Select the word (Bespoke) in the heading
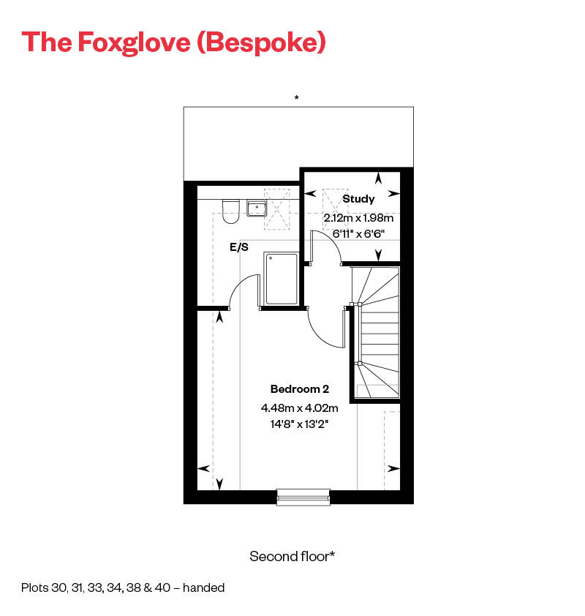pyautogui.click(x=262, y=42)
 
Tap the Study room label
pyautogui.click(x=358, y=198)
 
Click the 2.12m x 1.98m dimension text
pyautogui.click(x=359, y=218)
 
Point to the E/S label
pyautogui.click(x=239, y=248)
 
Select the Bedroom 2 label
pyautogui.click(x=300, y=388)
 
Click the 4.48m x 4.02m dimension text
pyautogui.click(x=300, y=408)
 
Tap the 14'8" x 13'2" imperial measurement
pyautogui.click(x=300, y=424)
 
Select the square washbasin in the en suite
pyautogui.click(x=257, y=209)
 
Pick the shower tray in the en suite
pyautogui.click(x=282, y=279)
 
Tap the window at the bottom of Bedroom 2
pyautogui.click(x=303, y=497)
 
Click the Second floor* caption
pyautogui.click(x=292, y=556)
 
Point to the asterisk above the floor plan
pyautogui.click(x=296, y=97)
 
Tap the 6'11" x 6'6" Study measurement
pyautogui.click(x=359, y=233)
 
